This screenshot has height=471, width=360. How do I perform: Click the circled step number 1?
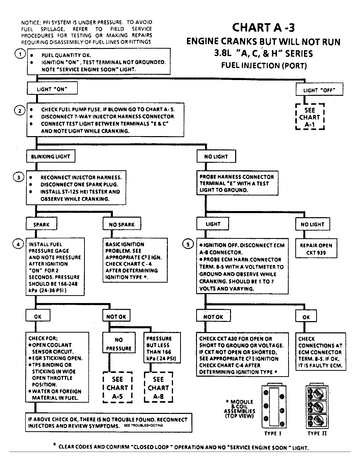click(20, 54)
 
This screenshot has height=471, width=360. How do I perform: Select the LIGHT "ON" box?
click(52, 89)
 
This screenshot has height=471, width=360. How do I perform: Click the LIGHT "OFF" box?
click(319, 90)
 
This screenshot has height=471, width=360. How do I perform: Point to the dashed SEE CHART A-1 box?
click(310, 117)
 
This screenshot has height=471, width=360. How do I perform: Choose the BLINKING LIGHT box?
click(50, 156)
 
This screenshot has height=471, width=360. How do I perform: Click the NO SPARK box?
click(122, 224)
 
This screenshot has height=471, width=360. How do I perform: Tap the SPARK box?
click(41, 224)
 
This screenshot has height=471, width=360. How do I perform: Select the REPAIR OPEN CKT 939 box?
click(316, 249)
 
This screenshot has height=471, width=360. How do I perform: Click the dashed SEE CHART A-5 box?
click(117, 387)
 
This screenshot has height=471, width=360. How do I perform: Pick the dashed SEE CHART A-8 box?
click(158, 387)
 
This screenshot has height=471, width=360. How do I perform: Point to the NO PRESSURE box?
click(119, 344)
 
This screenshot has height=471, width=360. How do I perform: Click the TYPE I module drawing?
click(274, 407)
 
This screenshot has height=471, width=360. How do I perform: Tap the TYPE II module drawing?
click(317, 407)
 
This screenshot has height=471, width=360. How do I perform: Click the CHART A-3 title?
click(263, 28)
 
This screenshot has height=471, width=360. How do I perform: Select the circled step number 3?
click(18, 177)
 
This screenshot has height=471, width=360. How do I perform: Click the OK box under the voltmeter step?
click(306, 317)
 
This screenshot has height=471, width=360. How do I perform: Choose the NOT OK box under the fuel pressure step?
click(116, 317)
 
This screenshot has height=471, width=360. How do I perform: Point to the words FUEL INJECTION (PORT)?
click(264, 66)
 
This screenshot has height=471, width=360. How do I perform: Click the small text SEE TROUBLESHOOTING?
click(143, 426)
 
